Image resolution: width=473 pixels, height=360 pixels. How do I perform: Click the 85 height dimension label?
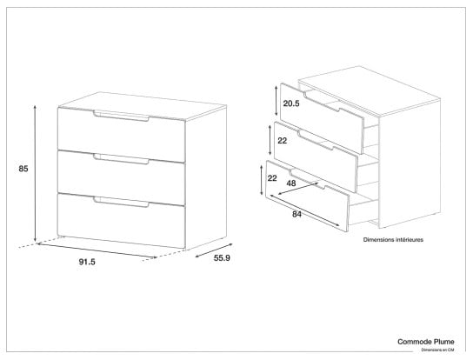point(23,169)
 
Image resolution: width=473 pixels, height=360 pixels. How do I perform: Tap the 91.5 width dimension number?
point(87,262)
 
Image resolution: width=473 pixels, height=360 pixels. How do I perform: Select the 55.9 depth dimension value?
point(222,258)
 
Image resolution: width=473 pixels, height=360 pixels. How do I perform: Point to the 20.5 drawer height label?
point(291,103)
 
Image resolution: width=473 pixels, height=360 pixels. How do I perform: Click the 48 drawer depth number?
point(291,183)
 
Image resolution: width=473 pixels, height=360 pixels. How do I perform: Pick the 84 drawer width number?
point(296,215)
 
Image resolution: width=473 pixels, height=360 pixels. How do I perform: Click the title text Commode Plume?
point(426,342)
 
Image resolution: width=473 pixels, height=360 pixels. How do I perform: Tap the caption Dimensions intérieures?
point(393,240)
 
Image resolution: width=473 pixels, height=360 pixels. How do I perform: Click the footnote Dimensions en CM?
point(437,350)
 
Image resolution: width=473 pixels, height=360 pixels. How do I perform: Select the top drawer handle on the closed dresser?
point(121,117)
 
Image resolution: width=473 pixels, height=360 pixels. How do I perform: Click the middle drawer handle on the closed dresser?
point(121,159)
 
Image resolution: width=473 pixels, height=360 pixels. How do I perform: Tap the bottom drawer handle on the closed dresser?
point(121,203)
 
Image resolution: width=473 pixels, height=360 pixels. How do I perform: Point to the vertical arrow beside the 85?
point(35,173)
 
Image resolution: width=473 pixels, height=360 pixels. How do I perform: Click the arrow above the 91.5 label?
point(97,250)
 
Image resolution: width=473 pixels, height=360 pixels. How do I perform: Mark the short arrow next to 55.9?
point(214,250)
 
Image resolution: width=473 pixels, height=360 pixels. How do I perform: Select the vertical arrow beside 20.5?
point(276,100)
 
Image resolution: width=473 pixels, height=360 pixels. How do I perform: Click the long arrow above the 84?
point(305,210)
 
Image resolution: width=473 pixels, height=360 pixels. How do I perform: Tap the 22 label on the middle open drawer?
point(282,141)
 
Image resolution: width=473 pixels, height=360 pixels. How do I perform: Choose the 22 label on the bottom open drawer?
point(272,178)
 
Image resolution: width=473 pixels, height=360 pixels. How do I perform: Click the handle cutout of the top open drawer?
point(323,101)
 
